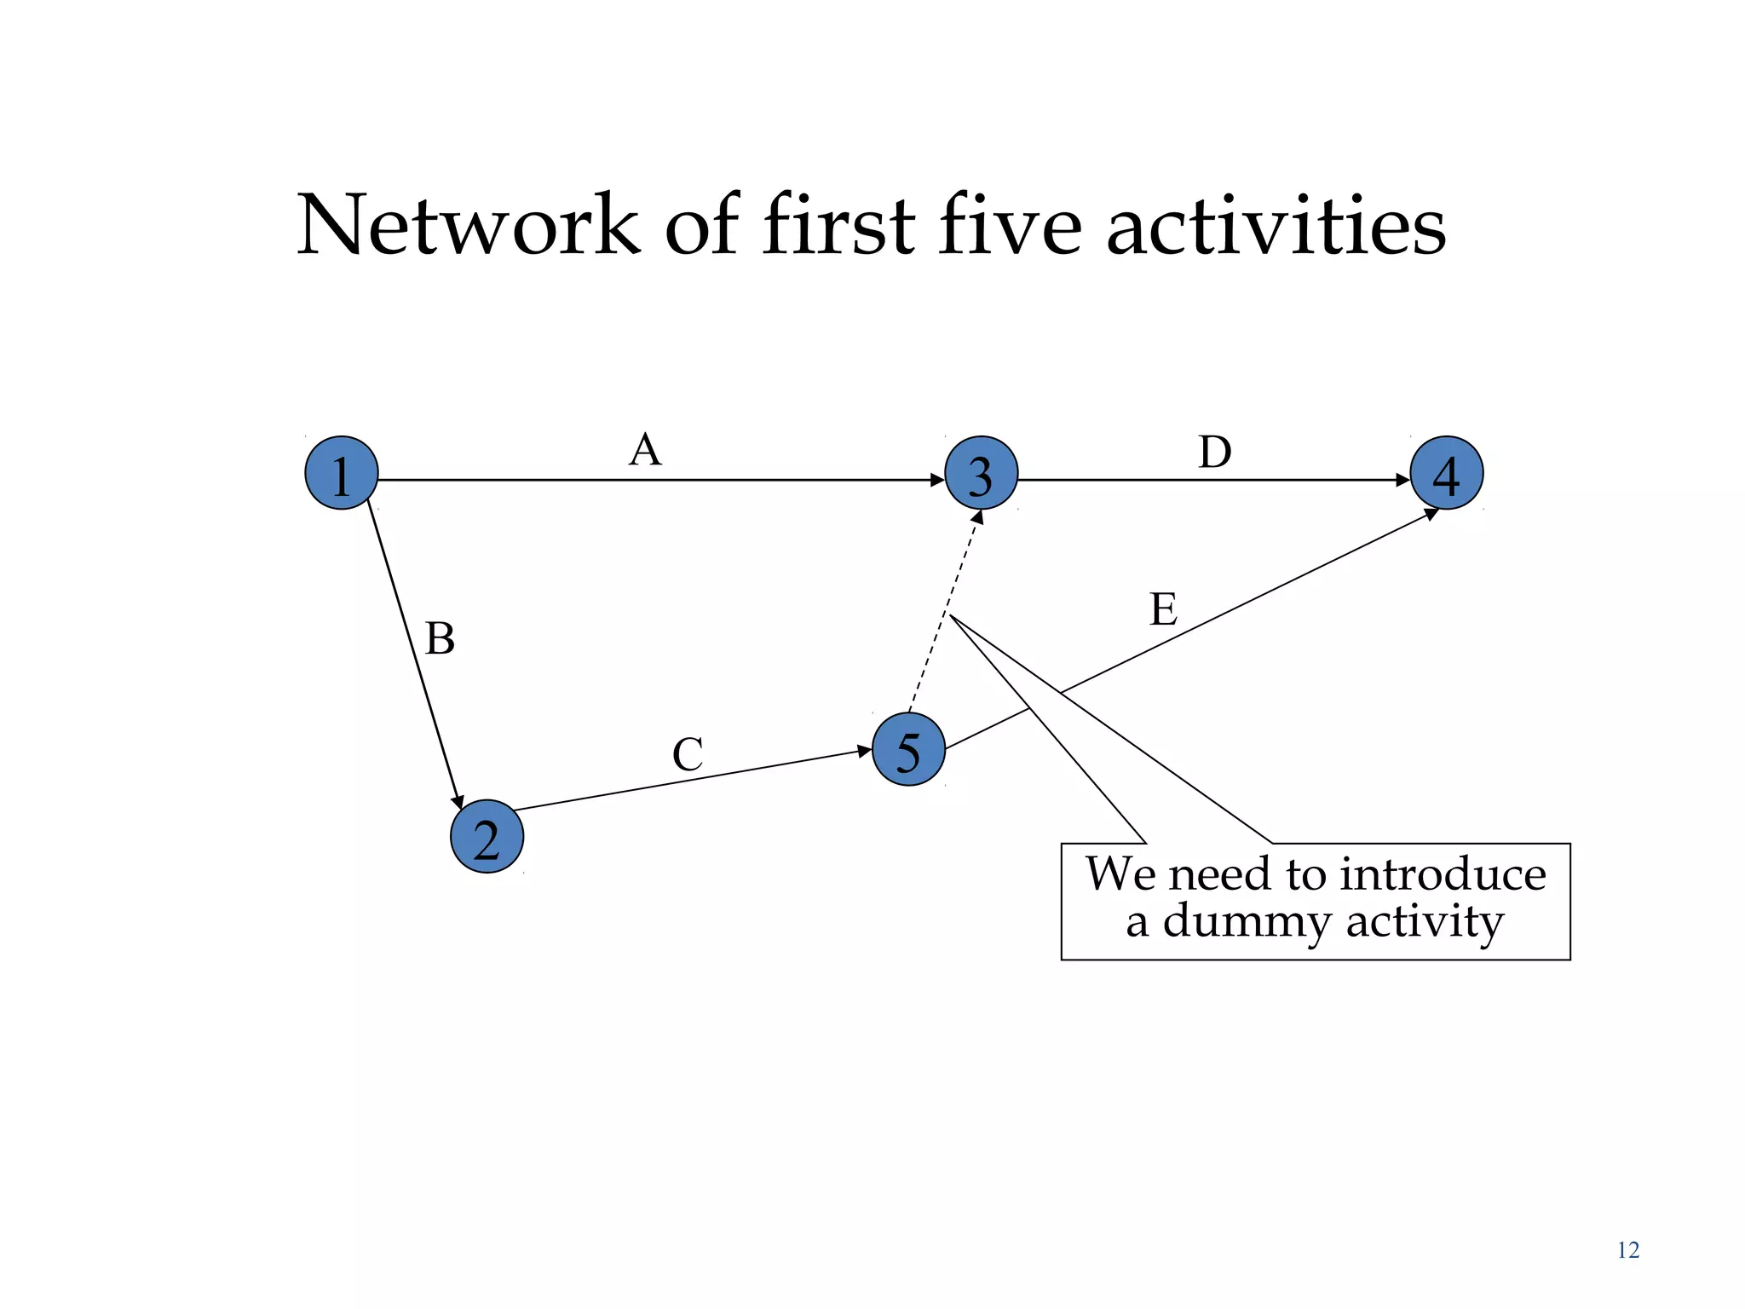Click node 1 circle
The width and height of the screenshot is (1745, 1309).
click(342, 473)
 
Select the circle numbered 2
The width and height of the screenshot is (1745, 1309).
click(487, 836)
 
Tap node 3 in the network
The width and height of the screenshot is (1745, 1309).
click(981, 473)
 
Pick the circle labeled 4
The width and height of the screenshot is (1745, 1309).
click(1447, 473)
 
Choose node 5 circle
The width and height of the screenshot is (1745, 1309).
click(908, 749)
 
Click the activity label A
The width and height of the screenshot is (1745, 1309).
click(645, 449)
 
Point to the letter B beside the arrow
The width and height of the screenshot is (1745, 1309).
click(440, 638)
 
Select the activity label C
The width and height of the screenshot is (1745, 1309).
click(688, 754)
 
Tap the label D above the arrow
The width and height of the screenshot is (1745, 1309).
click(1214, 452)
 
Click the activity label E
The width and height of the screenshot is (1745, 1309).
click(1163, 609)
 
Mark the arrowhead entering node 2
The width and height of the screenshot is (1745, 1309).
click(458, 802)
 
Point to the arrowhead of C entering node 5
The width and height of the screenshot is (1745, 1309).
click(864, 751)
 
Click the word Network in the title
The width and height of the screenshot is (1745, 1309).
click(468, 225)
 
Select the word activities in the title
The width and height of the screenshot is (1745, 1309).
click(1276, 225)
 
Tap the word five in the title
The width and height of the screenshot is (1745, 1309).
click(1010, 225)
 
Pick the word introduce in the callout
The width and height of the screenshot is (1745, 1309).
click(1443, 874)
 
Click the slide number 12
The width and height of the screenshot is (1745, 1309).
click(1627, 1250)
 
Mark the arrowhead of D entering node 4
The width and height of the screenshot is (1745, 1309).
click(1403, 480)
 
